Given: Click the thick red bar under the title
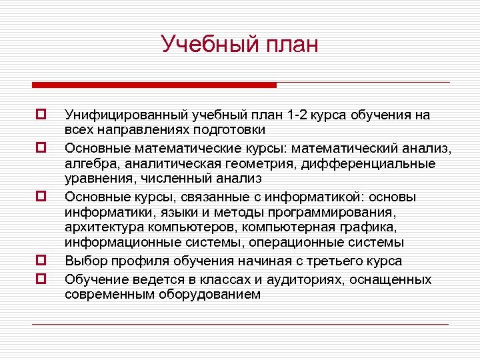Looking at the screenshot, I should point(154,85).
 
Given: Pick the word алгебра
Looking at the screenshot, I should point(89,163).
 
